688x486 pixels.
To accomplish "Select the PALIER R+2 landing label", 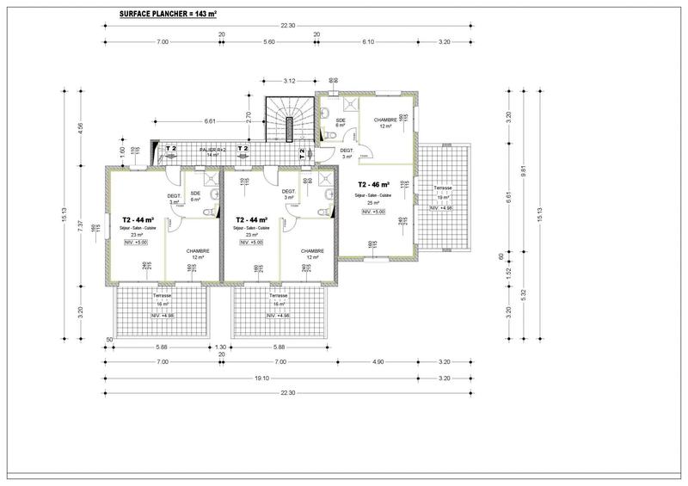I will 212,151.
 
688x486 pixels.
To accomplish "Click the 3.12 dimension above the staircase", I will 291,81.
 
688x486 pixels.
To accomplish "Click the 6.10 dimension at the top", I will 370,41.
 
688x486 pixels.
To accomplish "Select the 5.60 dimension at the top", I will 269,41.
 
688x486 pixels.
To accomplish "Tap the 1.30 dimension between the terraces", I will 220,347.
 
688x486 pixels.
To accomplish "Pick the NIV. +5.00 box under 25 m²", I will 373,212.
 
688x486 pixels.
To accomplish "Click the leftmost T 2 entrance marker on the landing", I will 171,149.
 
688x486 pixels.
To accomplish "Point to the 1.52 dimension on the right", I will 509,272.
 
